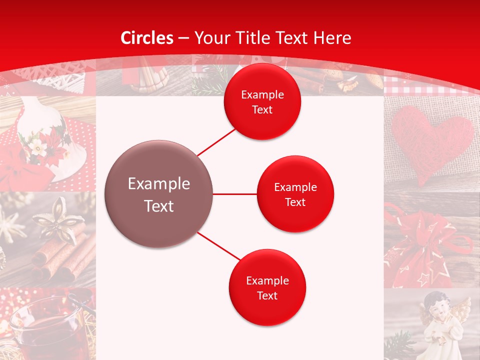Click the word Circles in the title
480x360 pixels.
(x=146, y=38)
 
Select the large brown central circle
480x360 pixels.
(x=158, y=194)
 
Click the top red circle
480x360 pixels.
(x=262, y=102)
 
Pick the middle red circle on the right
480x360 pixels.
(x=295, y=194)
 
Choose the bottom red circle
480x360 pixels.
(x=267, y=287)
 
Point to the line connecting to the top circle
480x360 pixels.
(x=216, y=142)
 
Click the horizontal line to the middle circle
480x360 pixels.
(x=234, y=194)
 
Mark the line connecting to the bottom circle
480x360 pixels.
(x=218, y=246)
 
